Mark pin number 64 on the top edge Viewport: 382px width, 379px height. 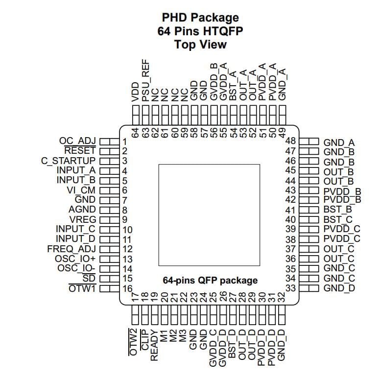click(136, 132)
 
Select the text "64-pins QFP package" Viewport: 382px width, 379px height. click(210, 281)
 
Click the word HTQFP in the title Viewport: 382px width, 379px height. click(223, 31)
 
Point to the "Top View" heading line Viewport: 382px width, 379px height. click(201, 44)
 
